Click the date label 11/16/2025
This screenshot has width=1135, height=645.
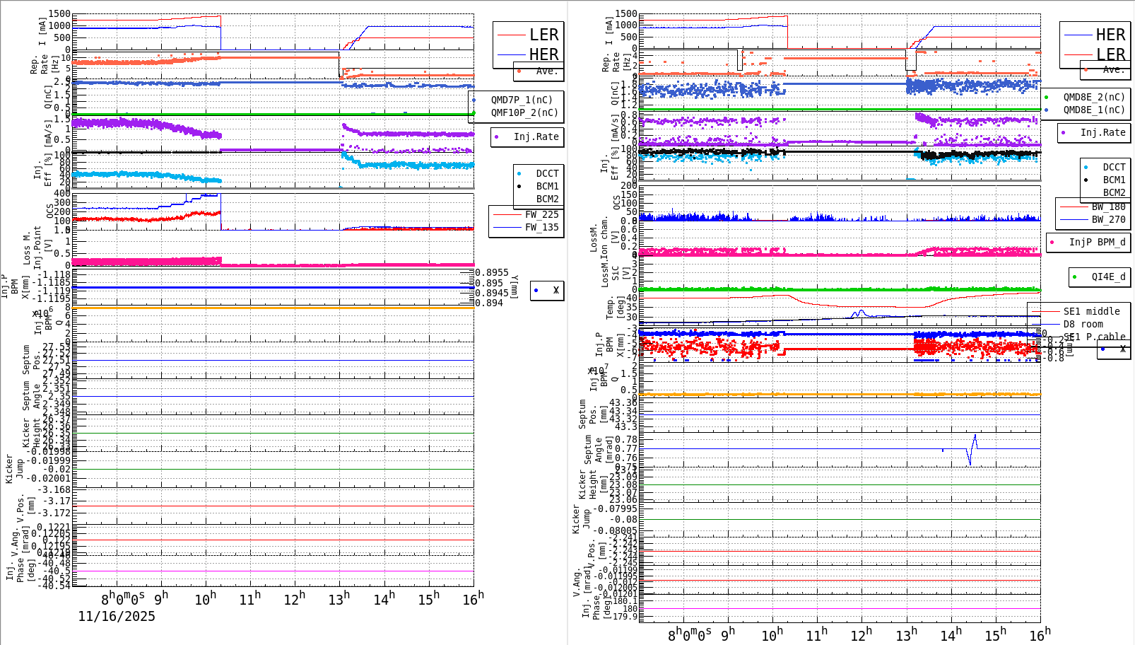click(x=117, y=617)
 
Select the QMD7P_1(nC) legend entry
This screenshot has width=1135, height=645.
click(x=522, y=100)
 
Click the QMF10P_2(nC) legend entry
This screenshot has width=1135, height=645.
click(x=524, y=112)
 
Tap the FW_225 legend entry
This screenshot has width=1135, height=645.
click(x=541, y=214)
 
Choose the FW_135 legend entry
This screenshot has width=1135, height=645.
click(x=541, y=227)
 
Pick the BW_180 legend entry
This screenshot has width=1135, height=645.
click(x=1108, y=207)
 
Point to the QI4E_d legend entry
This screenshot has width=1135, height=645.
click(x=1108, y=277)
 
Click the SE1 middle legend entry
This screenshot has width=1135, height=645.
click(x=1091, y=311)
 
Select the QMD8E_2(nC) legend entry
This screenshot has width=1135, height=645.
click(x=1094, y=97)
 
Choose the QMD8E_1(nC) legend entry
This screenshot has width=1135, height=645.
click(x=1094, y=110)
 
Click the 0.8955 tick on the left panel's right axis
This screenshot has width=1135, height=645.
click(x=492, y=272)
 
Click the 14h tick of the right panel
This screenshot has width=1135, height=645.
click(x=951, y=635)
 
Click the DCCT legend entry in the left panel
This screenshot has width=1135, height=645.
click(x=547, y=173)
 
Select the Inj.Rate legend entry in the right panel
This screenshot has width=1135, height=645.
click(x=1102, y=132)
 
